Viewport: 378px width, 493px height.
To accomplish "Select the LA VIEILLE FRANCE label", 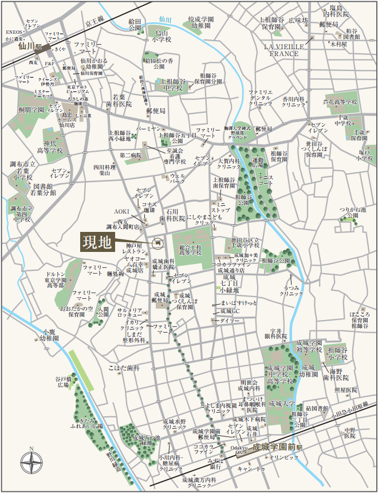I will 282,49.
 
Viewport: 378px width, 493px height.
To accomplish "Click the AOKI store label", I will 122,211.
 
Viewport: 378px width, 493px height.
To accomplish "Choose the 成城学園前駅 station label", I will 278,444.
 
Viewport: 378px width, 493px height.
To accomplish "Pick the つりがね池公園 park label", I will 352,213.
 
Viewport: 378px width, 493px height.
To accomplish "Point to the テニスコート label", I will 266,180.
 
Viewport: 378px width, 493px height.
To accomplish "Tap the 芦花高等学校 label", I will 340,102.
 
